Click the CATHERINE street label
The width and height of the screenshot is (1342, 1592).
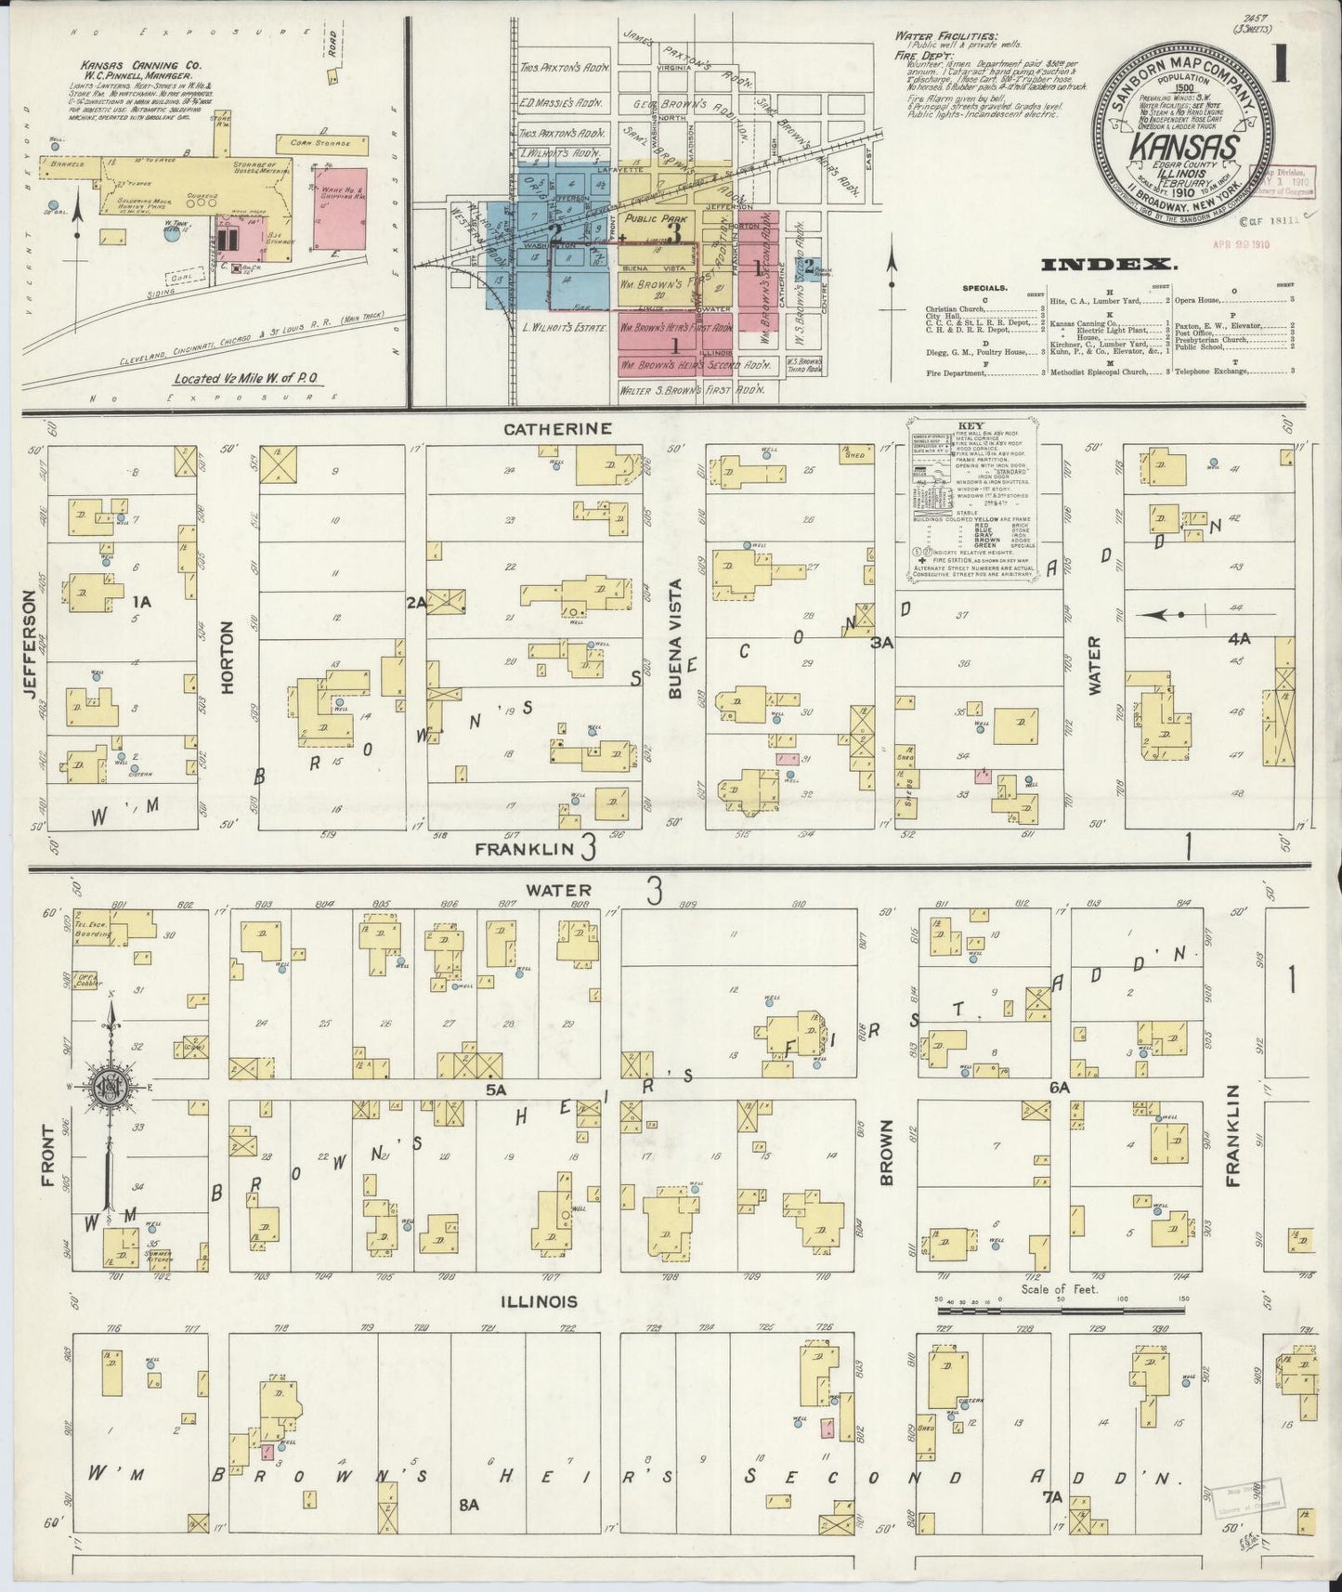571,429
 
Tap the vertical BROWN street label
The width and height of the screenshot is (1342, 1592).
886,1152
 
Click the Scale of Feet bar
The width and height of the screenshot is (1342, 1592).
1060,1311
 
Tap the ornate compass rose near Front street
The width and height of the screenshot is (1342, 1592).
112,1088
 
